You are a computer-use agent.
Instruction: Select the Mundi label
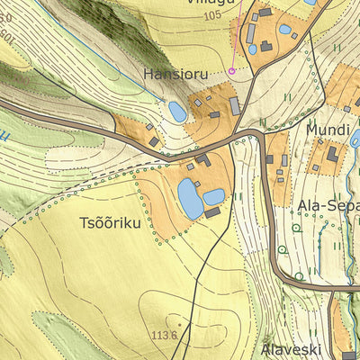click(327, 130)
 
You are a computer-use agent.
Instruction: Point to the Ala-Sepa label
click(328, 204)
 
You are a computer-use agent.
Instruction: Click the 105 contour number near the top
click(212, 16)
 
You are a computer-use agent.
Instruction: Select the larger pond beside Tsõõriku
click(190, 198)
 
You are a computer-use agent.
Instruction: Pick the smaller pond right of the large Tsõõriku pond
click(213, 196)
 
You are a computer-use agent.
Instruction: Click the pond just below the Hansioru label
click(177, 112)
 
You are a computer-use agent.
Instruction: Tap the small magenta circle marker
click(231, 70)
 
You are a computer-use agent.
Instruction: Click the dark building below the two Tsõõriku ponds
click(212, 213)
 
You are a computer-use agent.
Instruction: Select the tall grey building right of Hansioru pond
click(235, 106)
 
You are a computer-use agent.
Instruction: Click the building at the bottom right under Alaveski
click(349, 355)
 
